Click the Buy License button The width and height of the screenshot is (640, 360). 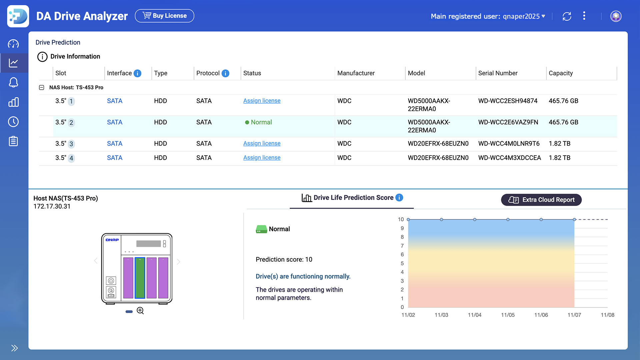pos(164,16)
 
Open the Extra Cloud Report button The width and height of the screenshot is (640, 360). pos(541,200)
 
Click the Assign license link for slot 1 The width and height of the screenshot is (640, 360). pos(262,101)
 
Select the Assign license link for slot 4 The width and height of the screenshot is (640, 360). pos(262,158)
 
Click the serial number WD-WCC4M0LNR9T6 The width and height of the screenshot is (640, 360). pos(509,144)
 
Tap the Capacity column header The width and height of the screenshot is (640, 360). pos(561,73)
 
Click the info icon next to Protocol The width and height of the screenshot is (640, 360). pos(225,73)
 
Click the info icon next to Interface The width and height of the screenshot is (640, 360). pos(137,73)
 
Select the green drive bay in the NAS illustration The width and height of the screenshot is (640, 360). pos(140,278)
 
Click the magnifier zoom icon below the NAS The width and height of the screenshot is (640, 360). pos(140,311)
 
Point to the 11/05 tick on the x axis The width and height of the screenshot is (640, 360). pos(508,315)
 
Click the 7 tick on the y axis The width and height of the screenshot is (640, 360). pos(402,246)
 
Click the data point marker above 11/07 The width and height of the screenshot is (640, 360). pos(574,219)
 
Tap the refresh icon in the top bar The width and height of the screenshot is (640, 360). pos(567,16)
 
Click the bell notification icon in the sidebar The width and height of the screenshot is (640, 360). pos(13,82)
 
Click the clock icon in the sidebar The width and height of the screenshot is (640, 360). pos(13,122)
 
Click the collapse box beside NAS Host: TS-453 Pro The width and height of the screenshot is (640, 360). pos(42,87)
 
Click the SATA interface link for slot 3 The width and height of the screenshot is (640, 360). pos(114,144)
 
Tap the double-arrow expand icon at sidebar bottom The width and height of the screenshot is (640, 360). pos(14,348)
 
